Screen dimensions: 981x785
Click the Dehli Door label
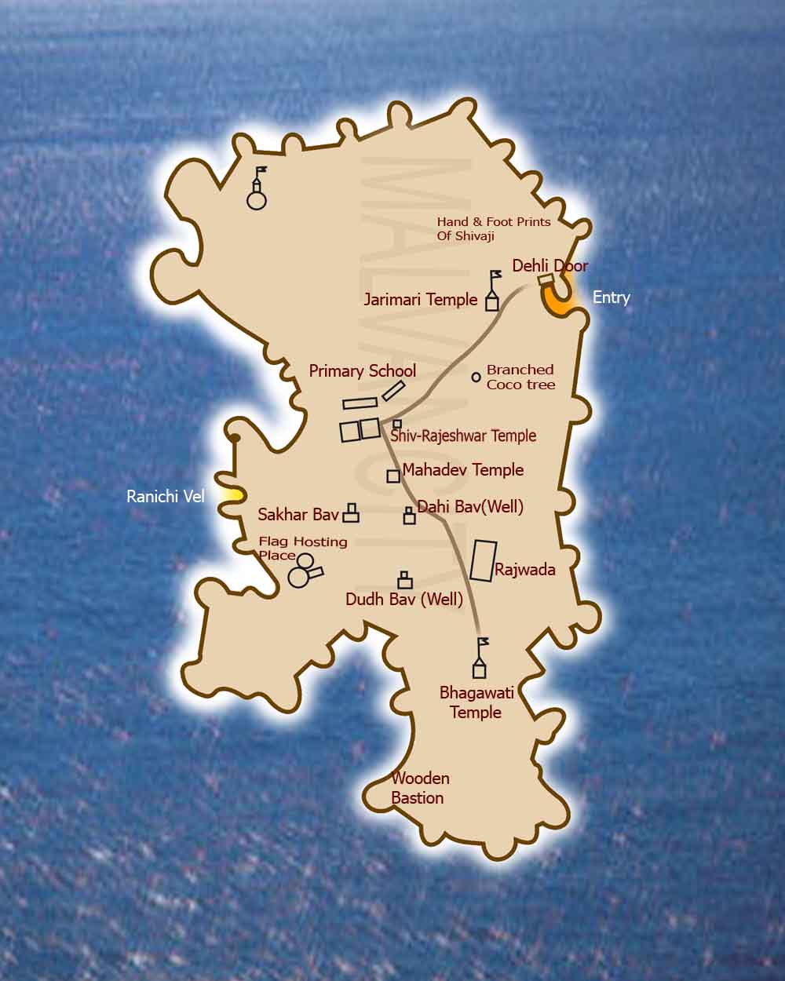click(549, 266)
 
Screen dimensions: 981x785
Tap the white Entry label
click(611, 297)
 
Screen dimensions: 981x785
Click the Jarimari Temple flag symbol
click(493, 292)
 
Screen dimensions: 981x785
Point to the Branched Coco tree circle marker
click(476, 377)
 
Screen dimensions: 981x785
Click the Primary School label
click(362, 370)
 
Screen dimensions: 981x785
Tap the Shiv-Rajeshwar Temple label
click(463, 436)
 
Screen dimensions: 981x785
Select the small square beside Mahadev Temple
click(392, 476)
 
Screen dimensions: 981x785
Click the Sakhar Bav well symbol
click(351, 513)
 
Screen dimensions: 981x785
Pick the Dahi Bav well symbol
click(409, 515)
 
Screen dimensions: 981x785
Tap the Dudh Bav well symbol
click(405, 580)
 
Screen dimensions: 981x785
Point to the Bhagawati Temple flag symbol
click(480, 659)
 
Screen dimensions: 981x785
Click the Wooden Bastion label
click(419, 788)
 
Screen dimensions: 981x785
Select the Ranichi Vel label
click(165, 497)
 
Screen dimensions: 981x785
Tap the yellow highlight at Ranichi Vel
click(231, 495)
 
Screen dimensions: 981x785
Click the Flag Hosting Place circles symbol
click(303, 570)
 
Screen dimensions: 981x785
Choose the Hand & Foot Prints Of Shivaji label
click(494, 228)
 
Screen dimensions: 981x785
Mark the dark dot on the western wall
click(233, 438)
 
